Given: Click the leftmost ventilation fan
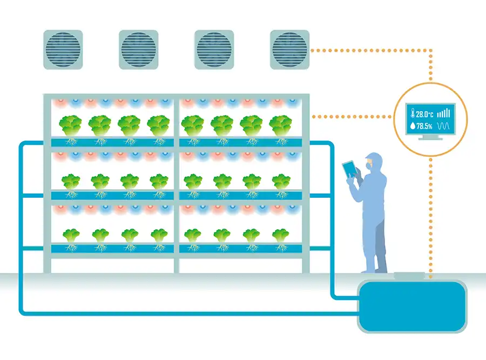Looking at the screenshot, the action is (63, 50).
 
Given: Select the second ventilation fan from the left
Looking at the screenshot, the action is (139, 50).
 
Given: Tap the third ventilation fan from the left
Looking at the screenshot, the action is (214, 50).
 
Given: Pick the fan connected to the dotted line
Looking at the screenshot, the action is (289, 50).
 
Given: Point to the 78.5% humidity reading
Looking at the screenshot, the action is (424, 126).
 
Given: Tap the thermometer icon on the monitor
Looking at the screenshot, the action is (413, 114).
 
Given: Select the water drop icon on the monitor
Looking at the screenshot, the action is (413, 126).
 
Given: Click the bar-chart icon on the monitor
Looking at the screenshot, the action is (443, 113).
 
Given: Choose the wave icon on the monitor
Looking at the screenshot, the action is (443, 126).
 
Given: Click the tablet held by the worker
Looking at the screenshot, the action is (349, 169).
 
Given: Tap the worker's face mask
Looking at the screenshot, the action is (368, 166).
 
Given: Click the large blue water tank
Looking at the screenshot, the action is (412, 306).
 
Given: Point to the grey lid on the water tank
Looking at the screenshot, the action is (409, 276).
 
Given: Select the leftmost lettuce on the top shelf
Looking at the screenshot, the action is (70, 125).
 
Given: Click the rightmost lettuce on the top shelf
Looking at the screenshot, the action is (280, 125).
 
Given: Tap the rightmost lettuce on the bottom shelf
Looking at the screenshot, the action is (280, 236).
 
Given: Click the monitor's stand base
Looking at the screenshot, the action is (430, 138).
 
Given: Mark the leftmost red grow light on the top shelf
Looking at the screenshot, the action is (60, 102).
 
